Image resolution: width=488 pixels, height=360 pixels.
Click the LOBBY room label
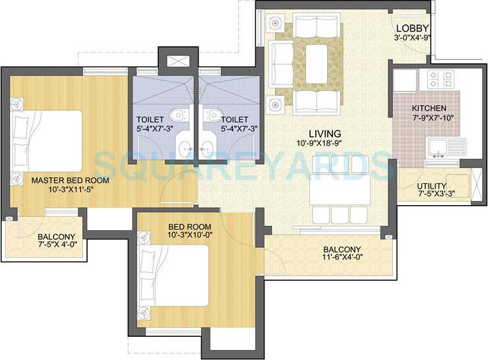coord(413,28)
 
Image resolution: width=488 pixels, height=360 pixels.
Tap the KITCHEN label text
coord(429,108)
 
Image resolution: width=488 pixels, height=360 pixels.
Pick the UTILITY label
coord(432,186)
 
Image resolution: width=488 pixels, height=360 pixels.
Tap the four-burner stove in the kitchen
coord(441,80)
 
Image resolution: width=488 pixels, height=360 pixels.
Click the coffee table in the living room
coord(319,58)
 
